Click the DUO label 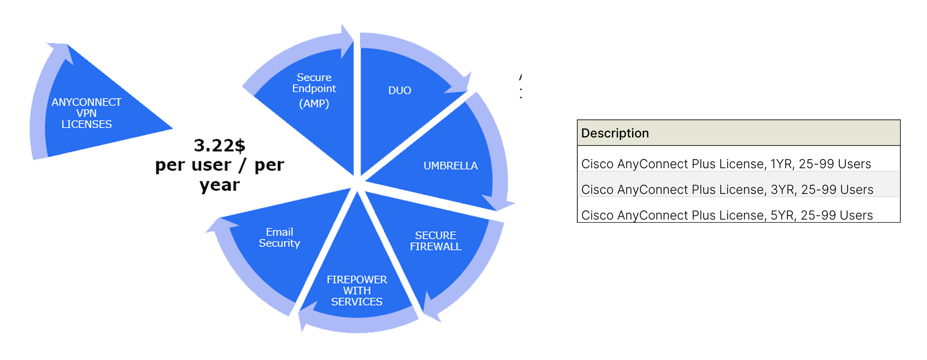[399, 90]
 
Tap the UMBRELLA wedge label [450, 166]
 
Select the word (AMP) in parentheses [314, 104]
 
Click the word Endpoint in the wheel [314, 88]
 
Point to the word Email [279, 232]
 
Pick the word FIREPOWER [357, 280]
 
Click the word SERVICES [357, 302]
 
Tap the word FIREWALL [436, 247]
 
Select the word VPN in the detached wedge [87, 113]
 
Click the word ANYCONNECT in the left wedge [87, 102]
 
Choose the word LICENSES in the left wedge [87, 124]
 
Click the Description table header [615, 133]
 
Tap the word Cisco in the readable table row [598, 190]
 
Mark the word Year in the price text [217, 185]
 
